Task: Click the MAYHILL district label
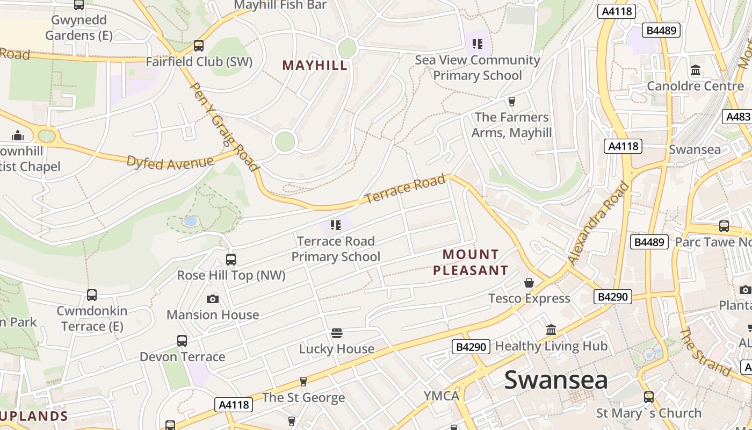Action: (315, 66)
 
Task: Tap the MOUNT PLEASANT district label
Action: (471, 262)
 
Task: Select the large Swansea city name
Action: (556, 379)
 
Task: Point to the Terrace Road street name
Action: (406, 189)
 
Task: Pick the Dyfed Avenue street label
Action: (170, 162)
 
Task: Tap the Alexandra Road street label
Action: (598, 224)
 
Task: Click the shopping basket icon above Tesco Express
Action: (529, 282)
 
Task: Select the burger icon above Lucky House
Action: (337, 333)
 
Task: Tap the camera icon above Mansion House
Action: (213, 299)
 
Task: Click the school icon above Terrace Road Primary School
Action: (336, 225)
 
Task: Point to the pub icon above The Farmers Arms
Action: (511, 101)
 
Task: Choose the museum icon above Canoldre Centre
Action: (696, 70)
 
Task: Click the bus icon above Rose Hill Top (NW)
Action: (231, 260)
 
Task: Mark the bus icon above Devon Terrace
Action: (182, 341)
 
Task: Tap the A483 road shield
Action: (737, 117)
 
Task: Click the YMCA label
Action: (442, 396)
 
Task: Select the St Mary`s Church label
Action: (649, 413)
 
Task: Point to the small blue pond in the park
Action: (190, 221)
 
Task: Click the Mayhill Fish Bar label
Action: (280, 5)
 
